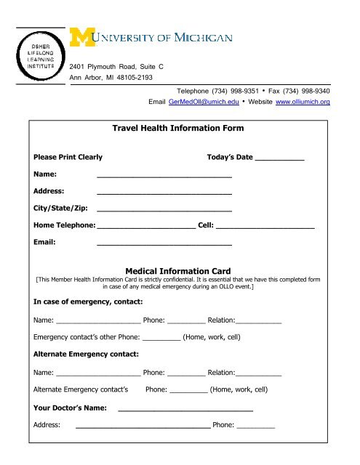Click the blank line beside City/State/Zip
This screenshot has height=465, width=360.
coord(164,211)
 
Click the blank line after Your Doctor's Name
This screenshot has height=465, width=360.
coord(185,411)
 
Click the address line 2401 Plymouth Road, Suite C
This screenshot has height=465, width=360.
coord(116,66)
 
